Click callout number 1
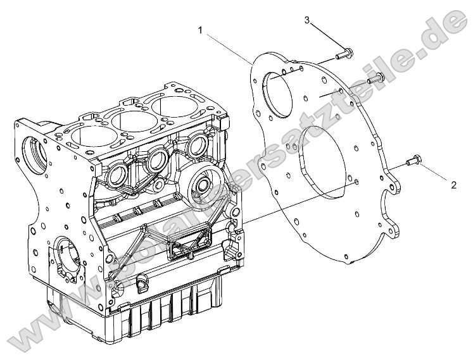coord(201,30)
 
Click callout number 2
coord(453,185)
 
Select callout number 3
coord(307,20)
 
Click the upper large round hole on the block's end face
coord(32,152)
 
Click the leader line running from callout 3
coord(326,35)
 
